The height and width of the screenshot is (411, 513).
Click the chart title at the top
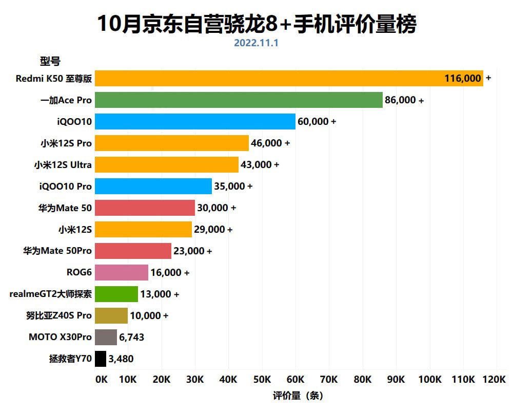(256, 24)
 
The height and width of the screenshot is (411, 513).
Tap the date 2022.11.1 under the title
(256, 43)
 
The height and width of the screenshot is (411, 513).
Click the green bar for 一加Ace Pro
(239, 100)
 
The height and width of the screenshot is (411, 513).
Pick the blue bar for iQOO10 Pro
(154, 186)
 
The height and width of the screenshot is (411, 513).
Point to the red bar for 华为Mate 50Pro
(133, 251)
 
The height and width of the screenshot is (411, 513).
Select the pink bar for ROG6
(122, 272)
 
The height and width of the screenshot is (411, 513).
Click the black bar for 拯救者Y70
(101, 359)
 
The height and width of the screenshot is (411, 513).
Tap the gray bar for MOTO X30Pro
(106, 337)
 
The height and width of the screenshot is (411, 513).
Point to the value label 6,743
(131, 337)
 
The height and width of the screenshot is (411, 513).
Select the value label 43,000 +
(260, 164)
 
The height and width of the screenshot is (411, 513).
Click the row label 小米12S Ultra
(63, 164)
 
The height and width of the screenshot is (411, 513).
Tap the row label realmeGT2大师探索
(51, 294)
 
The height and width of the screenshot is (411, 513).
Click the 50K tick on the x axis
(262, 380)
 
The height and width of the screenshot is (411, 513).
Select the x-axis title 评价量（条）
(298, 396)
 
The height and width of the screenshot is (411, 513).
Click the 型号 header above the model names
(50, 61)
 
